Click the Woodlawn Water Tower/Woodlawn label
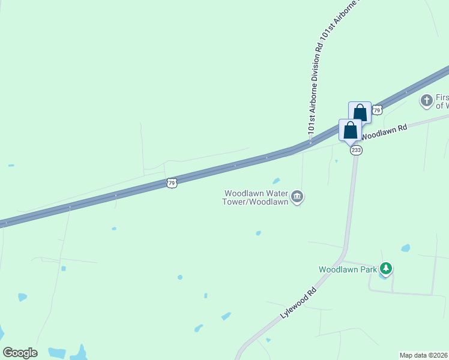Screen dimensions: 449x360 [x=257, y=197]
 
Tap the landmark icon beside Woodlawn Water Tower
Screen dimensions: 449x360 [x=297, y=197]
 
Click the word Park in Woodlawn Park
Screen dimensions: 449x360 [x=367, y=269]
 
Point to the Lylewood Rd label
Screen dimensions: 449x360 [x=298, y=304]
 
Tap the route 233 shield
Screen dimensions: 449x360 [x=356, y=150]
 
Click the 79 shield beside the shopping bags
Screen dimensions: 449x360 [x=377, y=110]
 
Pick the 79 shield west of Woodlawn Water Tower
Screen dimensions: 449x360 [x=172, y=182]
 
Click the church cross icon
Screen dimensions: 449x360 [x=427, y=101]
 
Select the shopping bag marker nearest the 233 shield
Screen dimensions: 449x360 [x=350, y=130]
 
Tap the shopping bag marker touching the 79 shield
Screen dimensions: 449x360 [x=360, y=112]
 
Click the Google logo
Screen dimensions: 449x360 [x=20, y=353]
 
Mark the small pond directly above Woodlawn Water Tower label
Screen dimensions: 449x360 [x=276, y=181]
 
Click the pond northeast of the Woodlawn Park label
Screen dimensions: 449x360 [x=406, y=248]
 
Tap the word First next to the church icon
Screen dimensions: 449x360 [x=442, y=97]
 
